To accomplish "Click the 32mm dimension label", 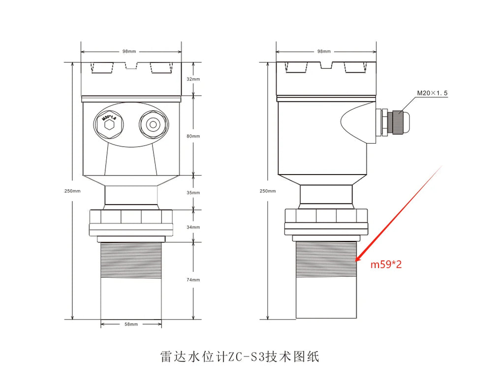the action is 193,79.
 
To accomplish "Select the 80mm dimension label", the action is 193,136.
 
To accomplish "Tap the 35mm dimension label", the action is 193,193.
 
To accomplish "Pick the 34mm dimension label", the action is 193,227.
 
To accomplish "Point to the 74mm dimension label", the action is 193,280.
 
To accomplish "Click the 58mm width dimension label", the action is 131,324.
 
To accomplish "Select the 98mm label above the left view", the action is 129,51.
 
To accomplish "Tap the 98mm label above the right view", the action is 324,51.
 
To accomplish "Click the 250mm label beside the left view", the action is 72,191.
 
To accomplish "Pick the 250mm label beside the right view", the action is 268,191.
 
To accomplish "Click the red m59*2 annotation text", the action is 386,265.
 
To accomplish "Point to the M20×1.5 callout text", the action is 432,93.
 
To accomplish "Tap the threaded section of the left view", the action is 131,260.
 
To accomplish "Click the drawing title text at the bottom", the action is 240,357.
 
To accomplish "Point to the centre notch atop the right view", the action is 326,65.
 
